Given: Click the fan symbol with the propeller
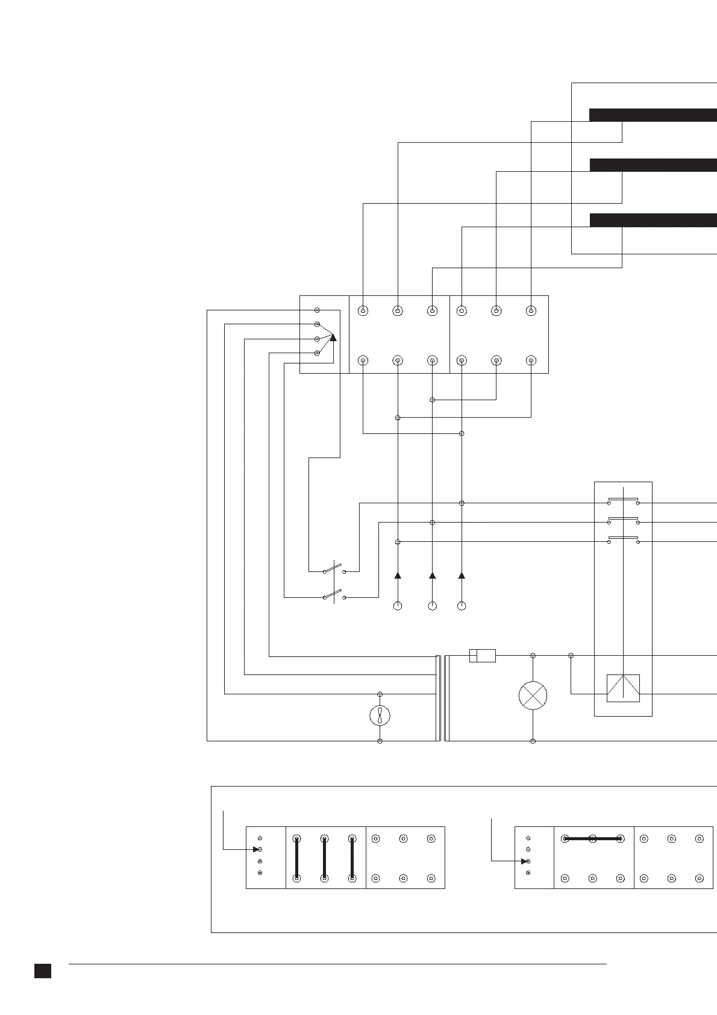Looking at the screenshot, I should click(380, 715).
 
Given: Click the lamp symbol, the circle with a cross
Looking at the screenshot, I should click(533, 696).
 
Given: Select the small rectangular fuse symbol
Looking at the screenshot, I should click(482, 655).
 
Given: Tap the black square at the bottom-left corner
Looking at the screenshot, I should click(42, 970).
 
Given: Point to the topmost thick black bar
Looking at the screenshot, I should click(653, 115).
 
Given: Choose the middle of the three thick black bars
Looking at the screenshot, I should click(653, 165).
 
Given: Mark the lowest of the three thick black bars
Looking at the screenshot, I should click(653, 220).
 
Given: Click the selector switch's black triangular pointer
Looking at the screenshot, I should click(333, 338).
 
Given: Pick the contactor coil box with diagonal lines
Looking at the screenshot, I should click(623, 688).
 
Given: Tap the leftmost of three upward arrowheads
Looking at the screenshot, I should click(398, 576).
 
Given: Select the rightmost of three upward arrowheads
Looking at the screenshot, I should click(462, 576).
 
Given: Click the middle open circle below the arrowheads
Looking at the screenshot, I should click(432, 606).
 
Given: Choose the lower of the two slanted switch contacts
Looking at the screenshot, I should click(333, 595).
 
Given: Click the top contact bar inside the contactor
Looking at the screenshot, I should click(623, 499).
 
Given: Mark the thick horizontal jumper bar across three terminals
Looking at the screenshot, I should click(592, 838).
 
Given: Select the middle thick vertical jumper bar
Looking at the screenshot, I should click(324, 858).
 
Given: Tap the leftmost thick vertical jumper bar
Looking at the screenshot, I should click(296, 858).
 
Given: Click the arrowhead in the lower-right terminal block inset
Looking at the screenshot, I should click(524, 861).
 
